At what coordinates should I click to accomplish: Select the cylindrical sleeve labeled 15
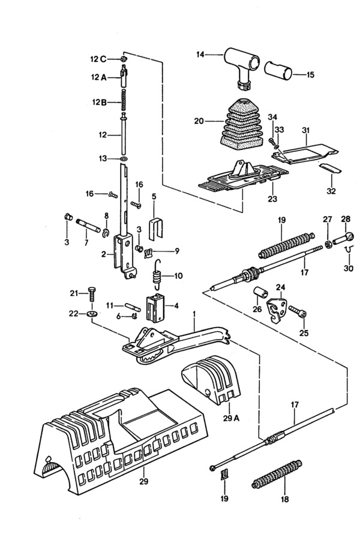click(x=278, y=71)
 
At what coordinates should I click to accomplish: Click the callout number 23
click(x=272, y=199)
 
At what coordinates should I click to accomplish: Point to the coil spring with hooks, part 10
click(x=157, y=274)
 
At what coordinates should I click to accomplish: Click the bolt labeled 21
click(x=92, y=294)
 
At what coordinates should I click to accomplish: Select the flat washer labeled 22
click(x=92, y=314)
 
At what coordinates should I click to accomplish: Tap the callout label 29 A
click(x=232, y=418)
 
